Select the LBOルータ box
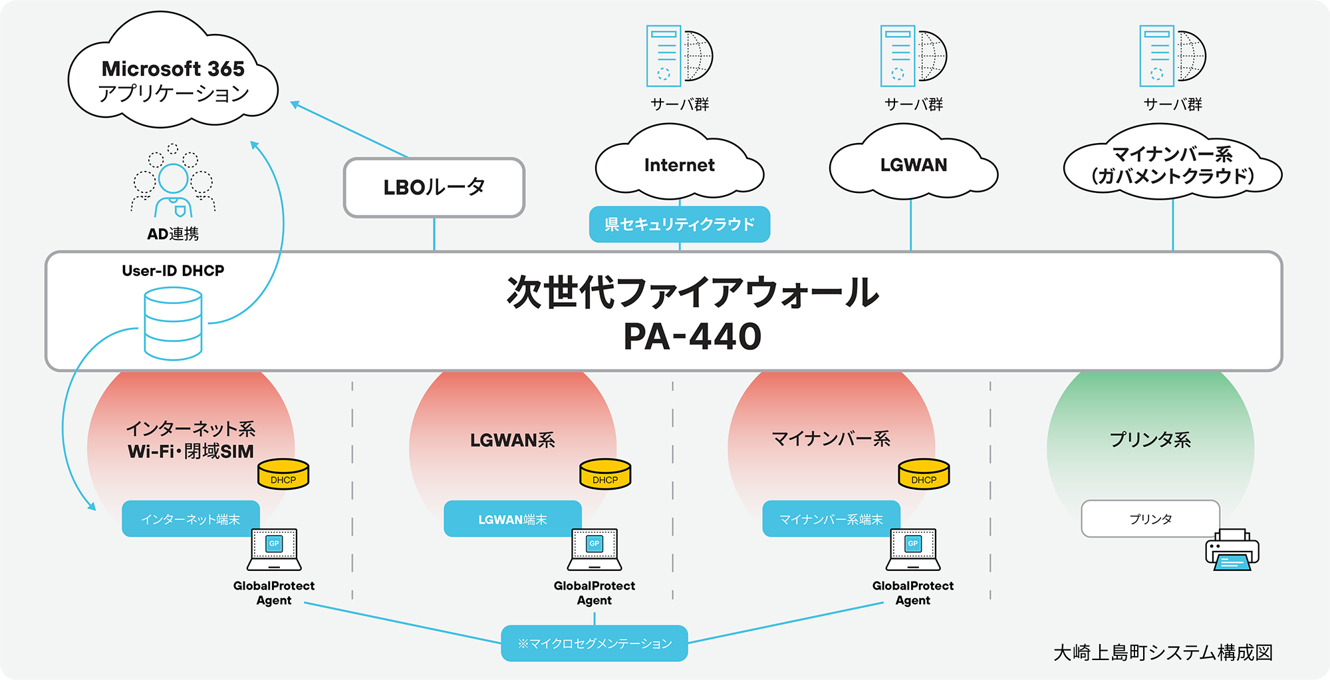coord(434,188)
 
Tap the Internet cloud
coord(679,165)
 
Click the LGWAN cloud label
coord(913,165)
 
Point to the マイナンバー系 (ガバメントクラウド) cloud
coord(1172,165)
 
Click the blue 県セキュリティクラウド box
coord(679,224)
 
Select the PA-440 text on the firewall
coord(692,336)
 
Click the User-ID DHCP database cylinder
coord(173,323)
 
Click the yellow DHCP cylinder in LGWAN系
coord(605,474)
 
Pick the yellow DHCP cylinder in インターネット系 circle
coord(283,474)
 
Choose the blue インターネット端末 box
coord(190,519)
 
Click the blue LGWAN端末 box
coord(512,519)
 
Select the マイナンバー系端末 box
coord(831,519)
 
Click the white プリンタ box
coord(1150,519)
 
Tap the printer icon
coord(1232,550)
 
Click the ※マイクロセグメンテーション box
coord(594,643)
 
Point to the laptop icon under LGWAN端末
coord(594,550)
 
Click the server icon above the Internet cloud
coord(678,57)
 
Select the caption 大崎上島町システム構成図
coord(1162,653)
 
